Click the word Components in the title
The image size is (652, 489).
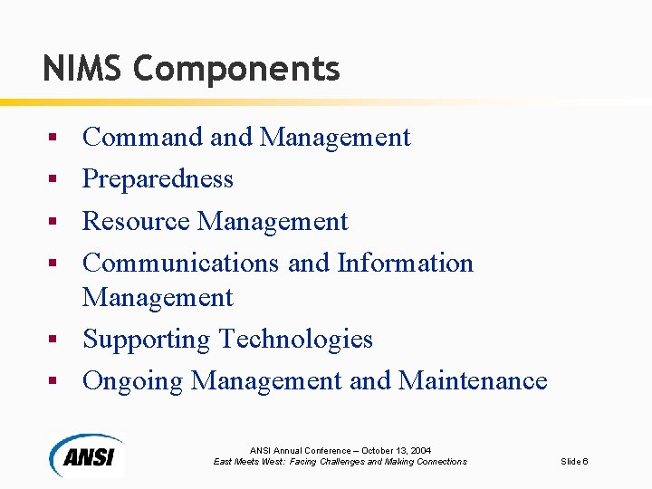(236, 68)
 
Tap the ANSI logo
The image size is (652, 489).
(87, 455)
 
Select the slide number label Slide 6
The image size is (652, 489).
(574, 462)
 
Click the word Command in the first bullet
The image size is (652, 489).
(142, 138)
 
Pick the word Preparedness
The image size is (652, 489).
(158, 179)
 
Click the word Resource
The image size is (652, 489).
(136, 221)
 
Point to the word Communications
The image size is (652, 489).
(180, 263)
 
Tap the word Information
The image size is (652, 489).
(405, 263)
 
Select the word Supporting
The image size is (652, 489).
(147, 339)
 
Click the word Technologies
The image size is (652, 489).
(296, 340)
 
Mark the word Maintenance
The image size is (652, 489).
(472, 380)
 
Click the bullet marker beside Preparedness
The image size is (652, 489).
(53, 179)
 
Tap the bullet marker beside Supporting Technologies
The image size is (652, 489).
(53, 340)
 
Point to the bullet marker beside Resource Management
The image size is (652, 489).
(53, 221)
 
